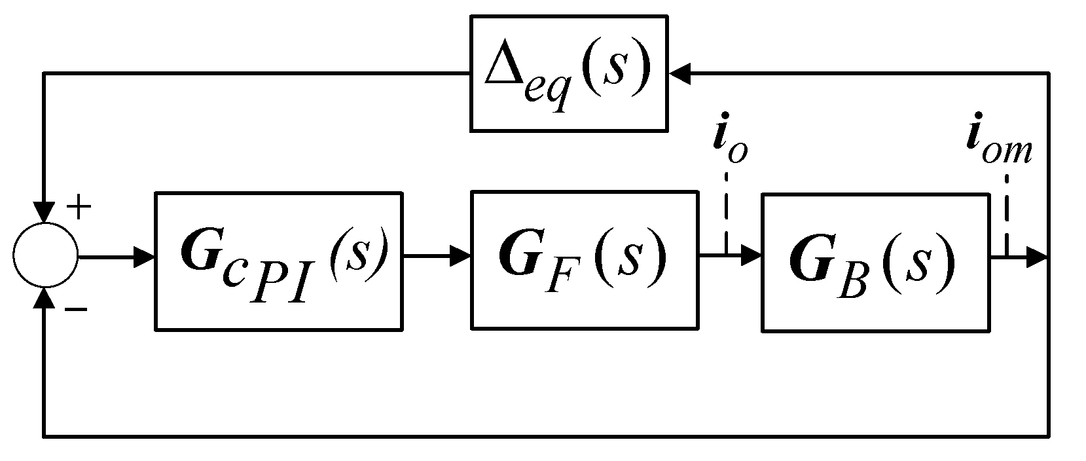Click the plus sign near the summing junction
[79, 209]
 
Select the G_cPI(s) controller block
[278, 260]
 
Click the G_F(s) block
[583, 259]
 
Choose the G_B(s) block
[875, 261]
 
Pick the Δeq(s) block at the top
[568, 73]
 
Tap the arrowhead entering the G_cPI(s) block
[144, 257]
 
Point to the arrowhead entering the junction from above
[45, 213]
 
